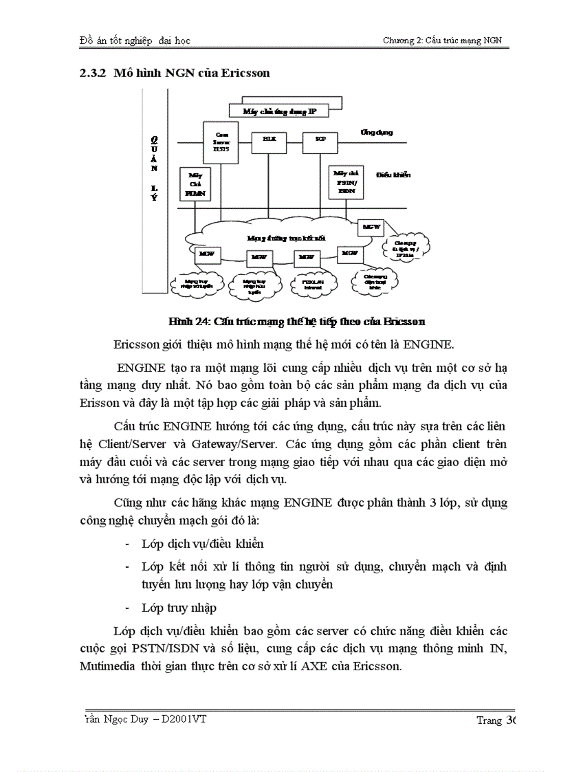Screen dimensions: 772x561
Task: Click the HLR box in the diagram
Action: coord(268,138)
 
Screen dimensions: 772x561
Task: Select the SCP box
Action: coord(320,138)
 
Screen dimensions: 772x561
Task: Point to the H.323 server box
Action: coord(221,140)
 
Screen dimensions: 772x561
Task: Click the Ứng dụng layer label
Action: coord(377,132)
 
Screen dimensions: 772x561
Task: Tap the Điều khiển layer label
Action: coord(393,175)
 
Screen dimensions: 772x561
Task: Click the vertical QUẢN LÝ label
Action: coord(155,168)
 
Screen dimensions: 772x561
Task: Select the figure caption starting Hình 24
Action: coord(296,321)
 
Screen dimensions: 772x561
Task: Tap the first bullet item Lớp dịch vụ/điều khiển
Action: coord(203,544)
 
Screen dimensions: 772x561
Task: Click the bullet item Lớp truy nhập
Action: coord(179,608)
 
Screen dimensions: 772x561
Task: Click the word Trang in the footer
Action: coord(489,720)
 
